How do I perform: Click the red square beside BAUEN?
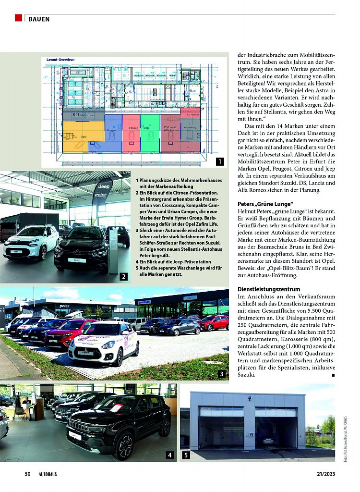18,18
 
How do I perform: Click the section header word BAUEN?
39,19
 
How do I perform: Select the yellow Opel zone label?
84,136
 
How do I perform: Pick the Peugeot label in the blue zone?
112,130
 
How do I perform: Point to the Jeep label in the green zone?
146,128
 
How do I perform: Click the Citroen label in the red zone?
133,128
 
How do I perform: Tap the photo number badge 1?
219,161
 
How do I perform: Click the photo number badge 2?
123,276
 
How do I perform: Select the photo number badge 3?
221,374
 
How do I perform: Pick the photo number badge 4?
169,455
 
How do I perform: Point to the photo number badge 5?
186,455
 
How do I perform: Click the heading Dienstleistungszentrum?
269,289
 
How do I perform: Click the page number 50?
28,474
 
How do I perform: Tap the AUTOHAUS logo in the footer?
48,474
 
